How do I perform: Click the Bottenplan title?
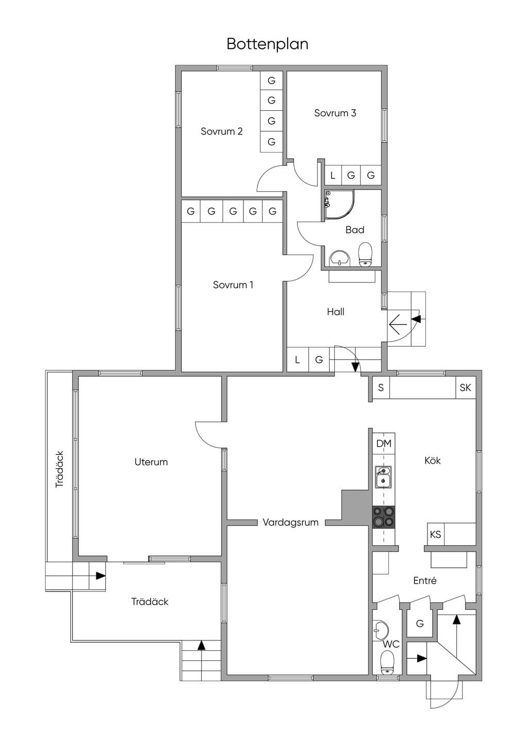tap(267, 44)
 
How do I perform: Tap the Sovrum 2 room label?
tap(222, 131)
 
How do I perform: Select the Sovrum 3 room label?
tap(335, 113)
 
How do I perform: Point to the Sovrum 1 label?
tap(233, 285)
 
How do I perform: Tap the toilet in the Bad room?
tap(365, 255)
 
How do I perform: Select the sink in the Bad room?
tap(339, 259)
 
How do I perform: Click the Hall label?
tap(335, 312)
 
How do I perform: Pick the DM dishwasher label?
tap(384, 443)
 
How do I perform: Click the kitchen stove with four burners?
tap(384, 517)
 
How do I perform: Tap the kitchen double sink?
tap(384, 477)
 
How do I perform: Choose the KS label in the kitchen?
tap(435, 535)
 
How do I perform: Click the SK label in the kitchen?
tap(465, 387)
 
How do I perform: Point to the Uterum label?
tap(151, 462)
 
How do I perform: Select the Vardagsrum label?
tap(290, 522)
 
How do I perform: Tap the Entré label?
tap(425, 581)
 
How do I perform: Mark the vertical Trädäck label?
tap(59, 469)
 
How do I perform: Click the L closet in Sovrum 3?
tap(333, 175)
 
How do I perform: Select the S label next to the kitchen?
tap(381, 387)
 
